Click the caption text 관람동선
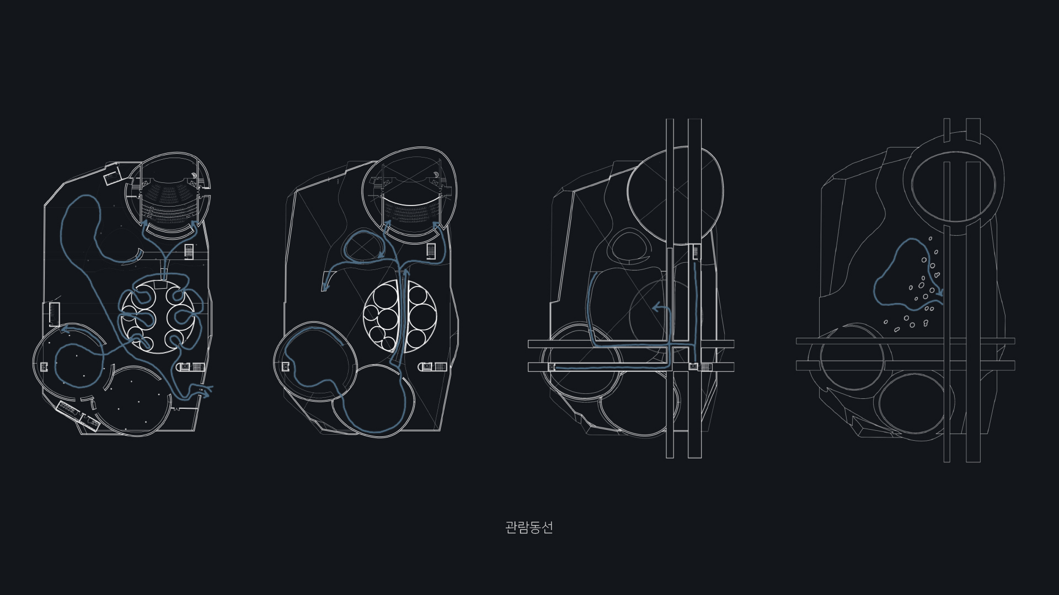point(528,527)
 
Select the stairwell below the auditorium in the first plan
point(189,251)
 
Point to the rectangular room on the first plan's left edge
point(54,313)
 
